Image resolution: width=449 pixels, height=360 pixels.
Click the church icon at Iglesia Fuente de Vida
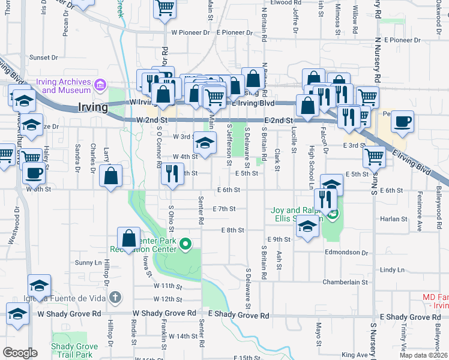pyautogui.click(x=115, y=297)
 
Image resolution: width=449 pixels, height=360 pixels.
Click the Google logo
pyautogui.click(x=20, y=353)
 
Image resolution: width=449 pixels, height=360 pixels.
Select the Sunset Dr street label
pyautogui.click(x=43, y=58)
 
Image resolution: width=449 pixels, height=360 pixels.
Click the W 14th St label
pyautogui.click(x=183, y=337)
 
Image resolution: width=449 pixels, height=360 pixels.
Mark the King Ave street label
pyautogui.click(x=353, y=355)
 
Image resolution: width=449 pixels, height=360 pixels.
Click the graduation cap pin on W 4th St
pyautogui.click(x=204, y=144)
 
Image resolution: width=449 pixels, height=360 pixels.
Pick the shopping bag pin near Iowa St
pyautogui.click(x=129, y=238)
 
